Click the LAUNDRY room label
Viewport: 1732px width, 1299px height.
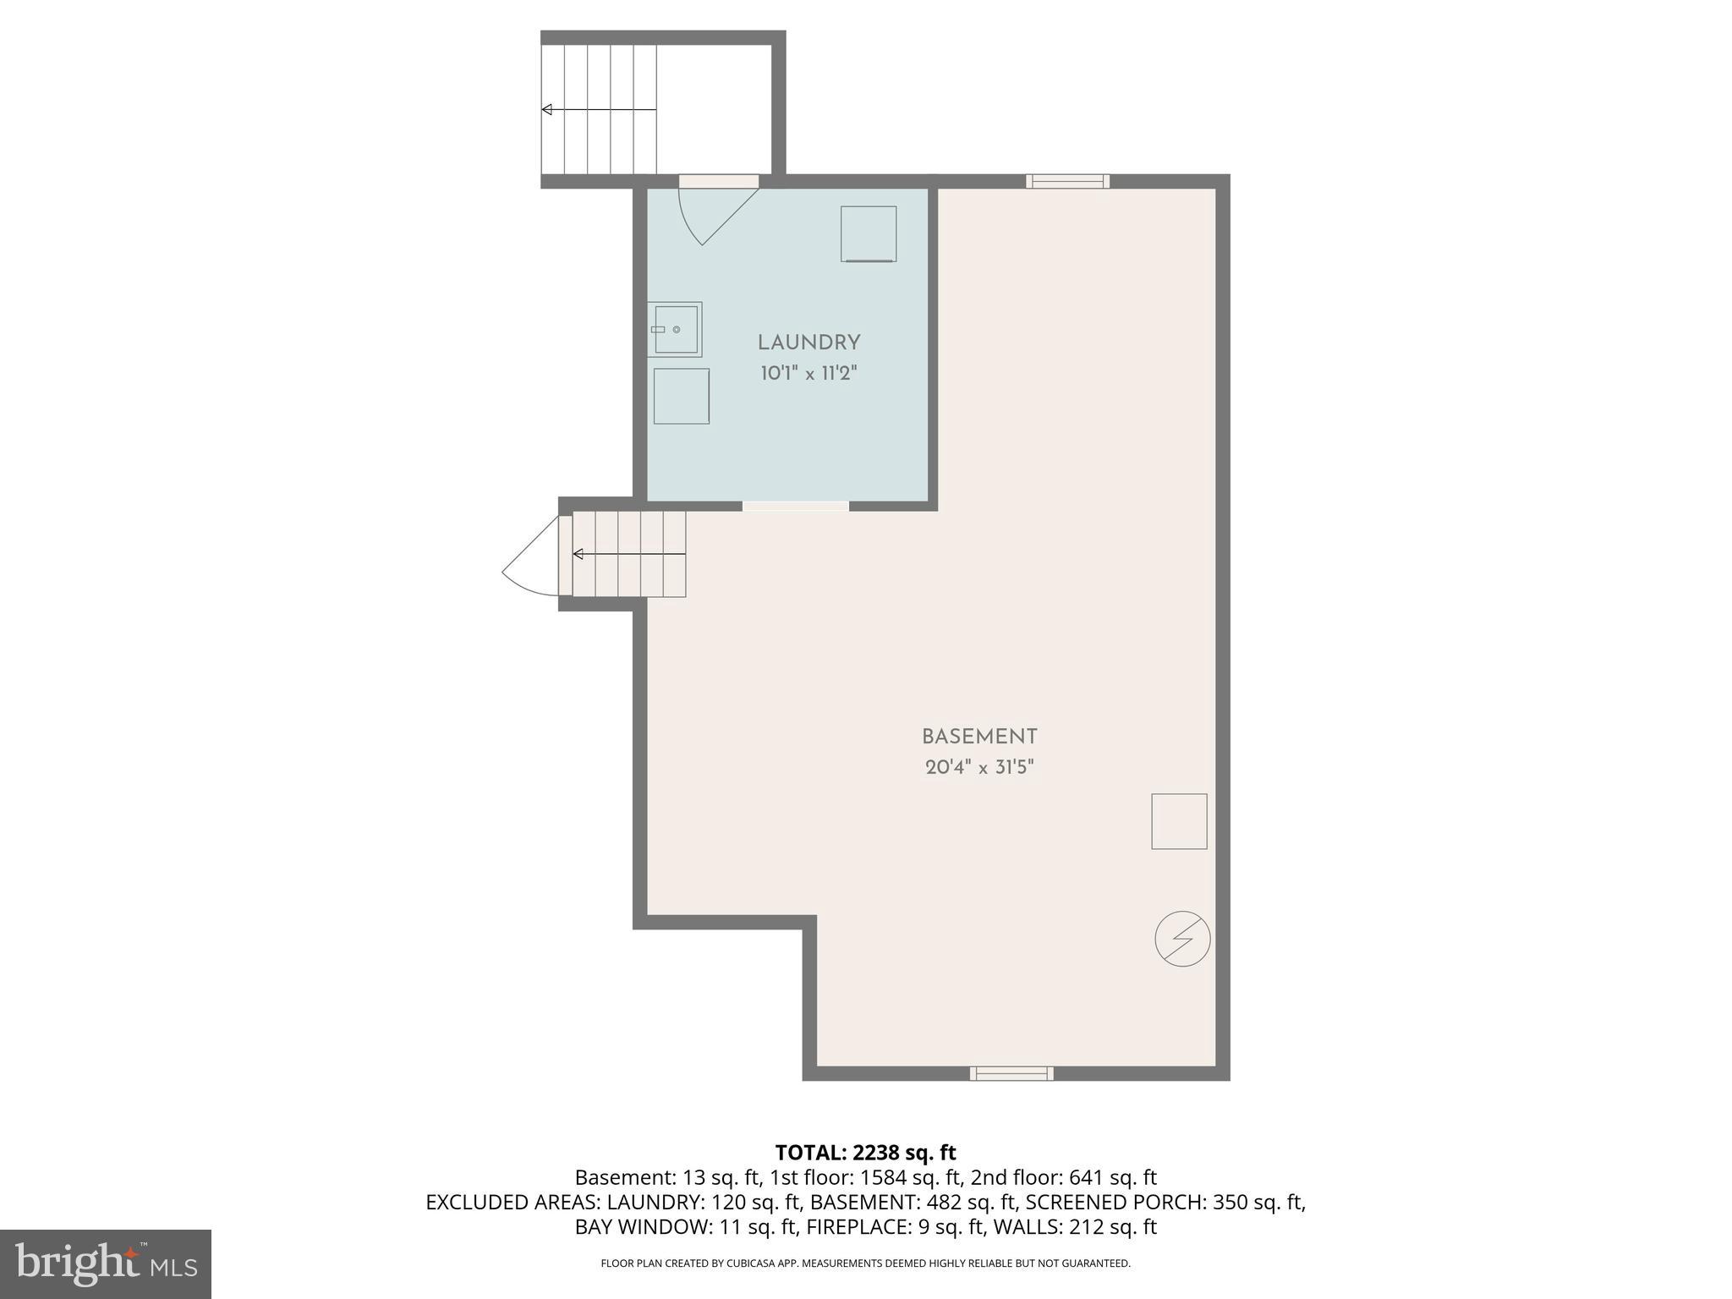point(808,343)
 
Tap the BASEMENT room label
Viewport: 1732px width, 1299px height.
point(979,737)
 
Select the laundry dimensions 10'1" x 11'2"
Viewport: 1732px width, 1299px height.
point(808,373)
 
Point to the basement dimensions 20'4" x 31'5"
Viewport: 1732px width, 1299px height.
point(979,768)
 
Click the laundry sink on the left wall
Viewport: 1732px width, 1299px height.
point(676,329)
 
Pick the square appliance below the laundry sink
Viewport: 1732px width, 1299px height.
point(681,396)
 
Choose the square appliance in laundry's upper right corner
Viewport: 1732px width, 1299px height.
point(869,233)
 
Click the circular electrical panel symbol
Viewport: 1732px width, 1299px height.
point(1182,939)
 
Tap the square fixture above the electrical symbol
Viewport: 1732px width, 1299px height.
point(1179,821)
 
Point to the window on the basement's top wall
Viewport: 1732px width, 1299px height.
point(1067,181)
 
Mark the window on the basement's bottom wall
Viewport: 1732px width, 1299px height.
point(1011,1074)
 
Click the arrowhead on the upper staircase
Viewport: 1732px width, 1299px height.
point(547,110)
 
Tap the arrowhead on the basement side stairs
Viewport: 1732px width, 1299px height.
point(578,554)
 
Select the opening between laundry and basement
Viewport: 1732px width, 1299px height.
point(795,506)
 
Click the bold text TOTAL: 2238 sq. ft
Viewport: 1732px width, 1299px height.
point(865,1153)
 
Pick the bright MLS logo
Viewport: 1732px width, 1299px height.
point(105,1264)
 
